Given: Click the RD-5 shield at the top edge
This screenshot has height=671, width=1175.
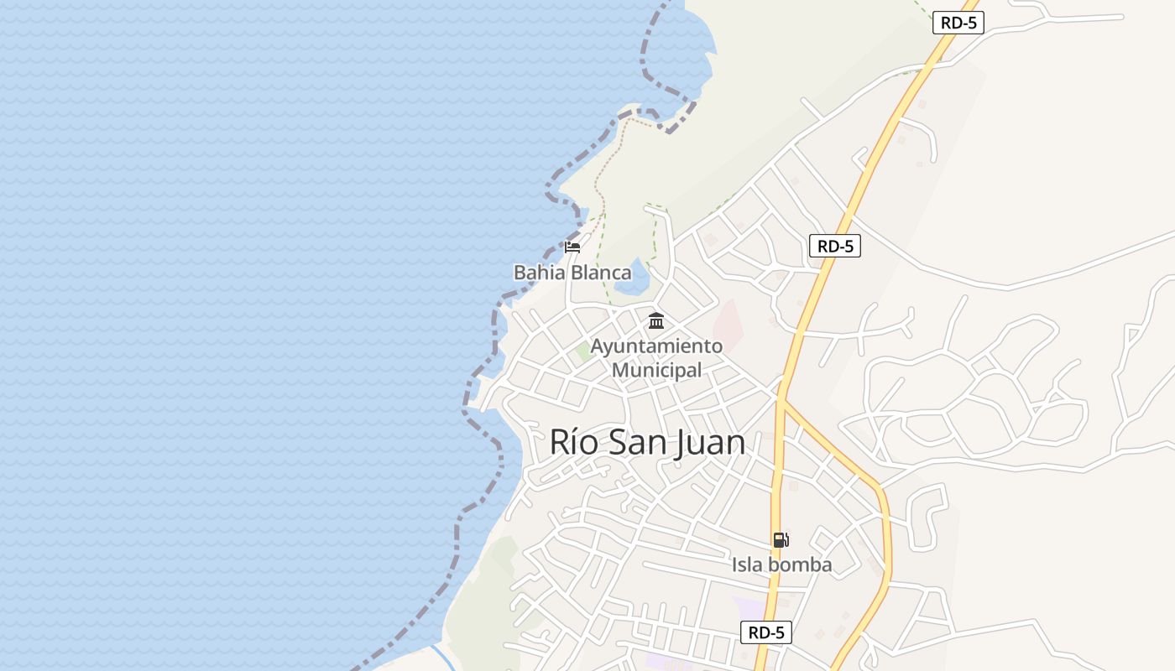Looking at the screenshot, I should point(958,23).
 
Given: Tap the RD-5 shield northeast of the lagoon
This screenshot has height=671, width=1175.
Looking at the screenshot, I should point(835,246).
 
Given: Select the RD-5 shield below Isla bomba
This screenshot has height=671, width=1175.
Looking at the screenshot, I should point(765,632).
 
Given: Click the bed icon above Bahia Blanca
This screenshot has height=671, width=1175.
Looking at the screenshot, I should point(572,247).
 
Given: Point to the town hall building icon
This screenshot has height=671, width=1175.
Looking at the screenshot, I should point(656,320).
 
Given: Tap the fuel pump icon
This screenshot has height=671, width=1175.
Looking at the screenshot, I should point(781,540).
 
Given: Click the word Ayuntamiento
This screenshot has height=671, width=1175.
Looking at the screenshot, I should point(656,346).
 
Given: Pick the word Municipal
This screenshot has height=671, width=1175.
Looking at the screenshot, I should point(656,370).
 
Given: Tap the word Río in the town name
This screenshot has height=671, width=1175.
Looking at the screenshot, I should point(574,442).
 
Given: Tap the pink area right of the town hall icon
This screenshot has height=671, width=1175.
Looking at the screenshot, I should point(729,323).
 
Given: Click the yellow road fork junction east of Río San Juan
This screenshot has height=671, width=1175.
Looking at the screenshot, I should point(781,401).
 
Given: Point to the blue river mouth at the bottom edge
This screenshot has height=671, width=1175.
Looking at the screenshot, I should point(441,658).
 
